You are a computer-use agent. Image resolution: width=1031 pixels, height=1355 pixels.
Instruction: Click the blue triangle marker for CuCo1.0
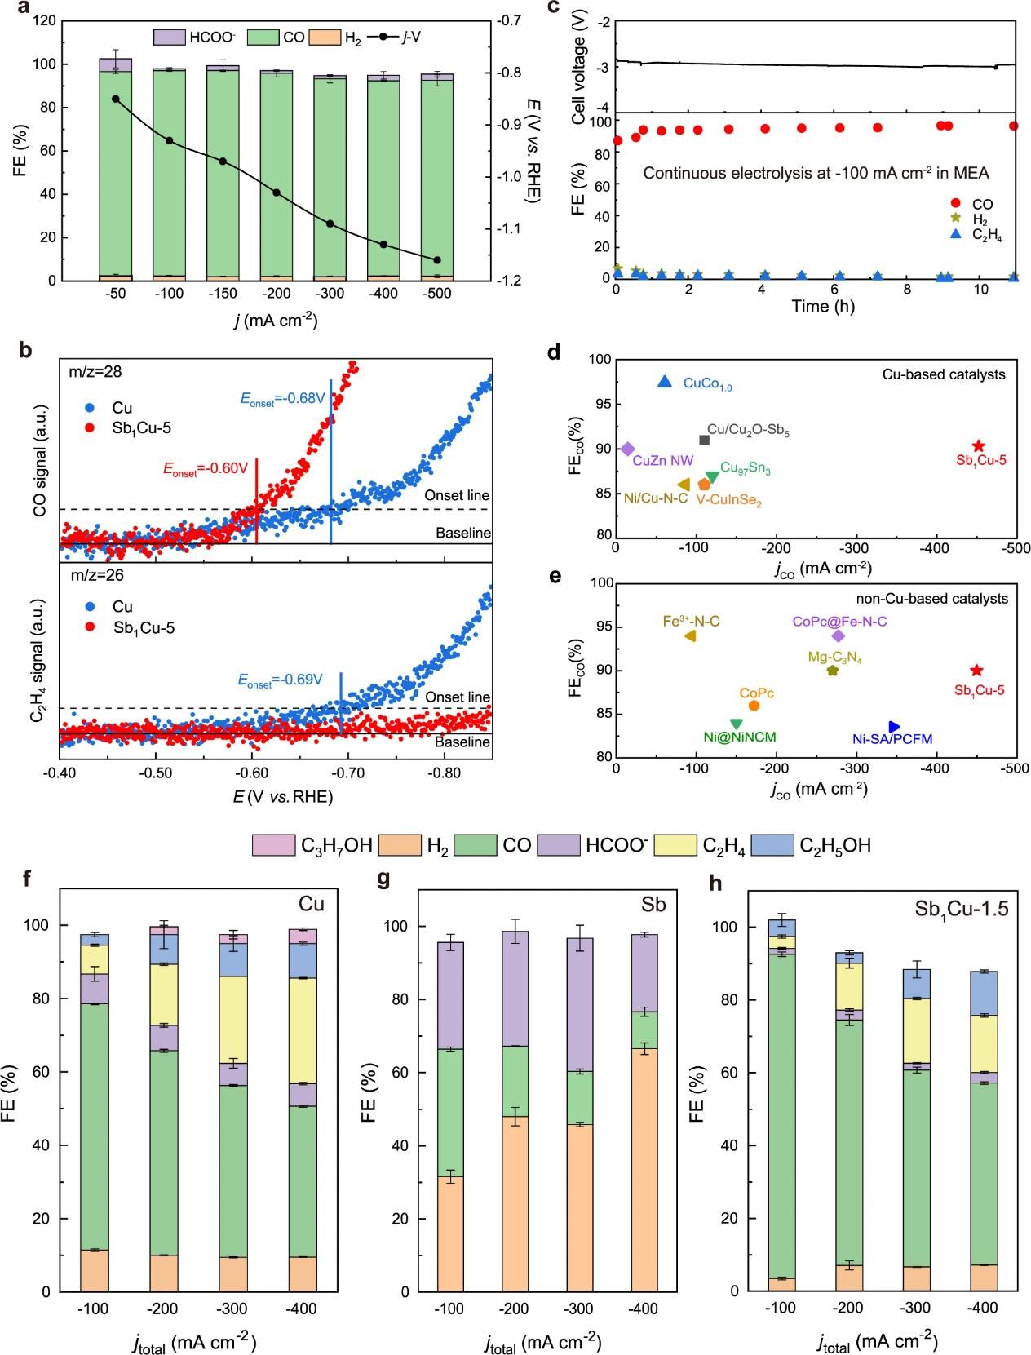click(x=665, y=382)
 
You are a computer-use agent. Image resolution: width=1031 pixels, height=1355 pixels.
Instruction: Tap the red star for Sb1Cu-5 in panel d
click(x=978, y=446)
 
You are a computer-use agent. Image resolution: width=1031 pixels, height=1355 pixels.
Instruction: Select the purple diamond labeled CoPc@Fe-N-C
click(x=838, y=636)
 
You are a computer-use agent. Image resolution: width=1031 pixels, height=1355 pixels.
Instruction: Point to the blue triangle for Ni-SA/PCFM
click(x=895, y=726)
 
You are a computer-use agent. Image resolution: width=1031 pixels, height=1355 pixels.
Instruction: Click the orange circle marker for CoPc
click(x=754, y=705)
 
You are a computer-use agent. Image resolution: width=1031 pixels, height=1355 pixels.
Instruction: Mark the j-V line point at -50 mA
click(x=116, y=99)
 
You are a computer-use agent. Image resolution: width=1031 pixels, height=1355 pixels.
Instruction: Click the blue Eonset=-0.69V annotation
click(x=280, y=679)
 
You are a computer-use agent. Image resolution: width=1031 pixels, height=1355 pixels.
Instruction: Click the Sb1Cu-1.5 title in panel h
click(x=960, y=907)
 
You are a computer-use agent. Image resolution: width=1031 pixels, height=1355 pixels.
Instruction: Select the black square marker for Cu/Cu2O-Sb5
click(x=705, y=440)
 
